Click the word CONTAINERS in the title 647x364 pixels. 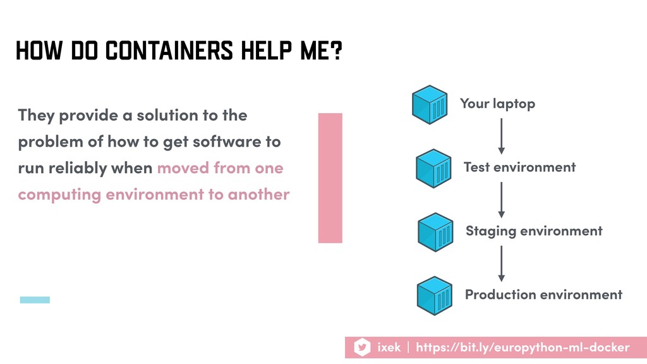169,51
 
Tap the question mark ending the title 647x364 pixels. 337,51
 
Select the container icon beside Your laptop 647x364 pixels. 430,104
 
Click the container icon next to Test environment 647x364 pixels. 433,168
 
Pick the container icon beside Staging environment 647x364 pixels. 435,232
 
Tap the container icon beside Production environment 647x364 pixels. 435,296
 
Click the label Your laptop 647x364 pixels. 498,104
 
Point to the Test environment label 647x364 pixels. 519,167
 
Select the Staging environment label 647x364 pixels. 534,231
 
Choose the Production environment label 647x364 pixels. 543,294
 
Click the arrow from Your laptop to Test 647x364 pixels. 501,136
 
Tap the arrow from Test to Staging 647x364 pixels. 501,200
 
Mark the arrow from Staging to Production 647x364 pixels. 501,264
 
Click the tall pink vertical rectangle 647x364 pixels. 330,178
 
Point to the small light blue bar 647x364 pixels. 35,300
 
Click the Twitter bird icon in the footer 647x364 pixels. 362,347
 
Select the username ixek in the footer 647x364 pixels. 389,348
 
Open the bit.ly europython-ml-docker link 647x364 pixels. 523,348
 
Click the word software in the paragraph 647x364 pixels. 227,142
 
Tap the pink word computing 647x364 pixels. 59,195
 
